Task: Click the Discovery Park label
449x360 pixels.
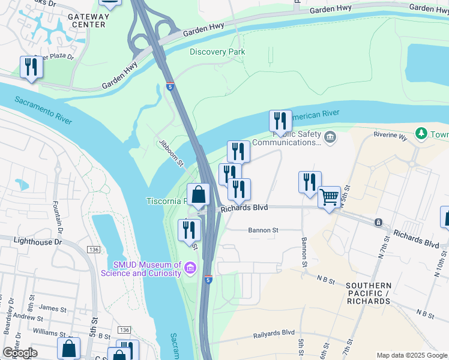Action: [217, 52]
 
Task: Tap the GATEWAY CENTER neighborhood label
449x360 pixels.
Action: [87, 20]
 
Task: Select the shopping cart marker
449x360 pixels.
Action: [329, 197]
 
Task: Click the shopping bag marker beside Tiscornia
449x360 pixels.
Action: [199, 194]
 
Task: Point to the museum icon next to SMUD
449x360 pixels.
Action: [190, 267]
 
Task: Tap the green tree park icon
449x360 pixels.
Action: [422, 132]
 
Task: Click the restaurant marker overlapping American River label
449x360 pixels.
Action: [280, 122]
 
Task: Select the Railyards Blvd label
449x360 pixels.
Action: [273, 332]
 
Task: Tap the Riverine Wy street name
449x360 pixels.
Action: [390, 136]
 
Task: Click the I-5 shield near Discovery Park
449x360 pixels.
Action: [170, 87]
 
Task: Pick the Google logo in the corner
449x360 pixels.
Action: [20, 353]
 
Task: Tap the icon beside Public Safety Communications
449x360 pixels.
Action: [330, 139]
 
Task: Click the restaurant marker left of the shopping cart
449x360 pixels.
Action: [310, 182]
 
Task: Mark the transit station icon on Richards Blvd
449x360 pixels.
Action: [379, 223]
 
